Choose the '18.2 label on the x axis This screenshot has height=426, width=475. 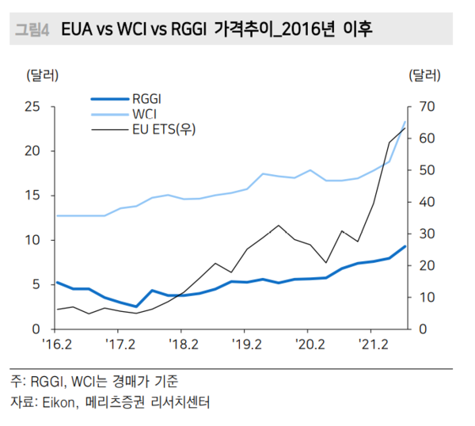[x=182, y=345]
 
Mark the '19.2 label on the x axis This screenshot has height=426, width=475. [x=245, y=345]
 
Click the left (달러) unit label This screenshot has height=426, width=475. [x=42, y=76]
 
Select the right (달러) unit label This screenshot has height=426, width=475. [x=424, y=76]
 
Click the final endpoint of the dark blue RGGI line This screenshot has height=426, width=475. [x=405, y=246]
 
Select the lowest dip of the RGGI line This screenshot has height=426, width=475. [x=136, y=306]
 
